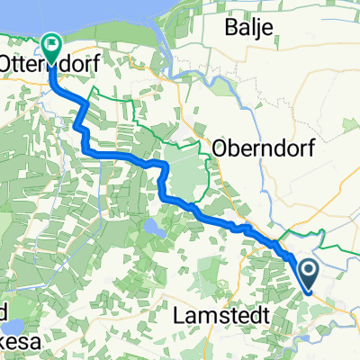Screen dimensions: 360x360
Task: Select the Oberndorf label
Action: tap(263, 149)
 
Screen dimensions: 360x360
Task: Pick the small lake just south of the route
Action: tap(151, 232)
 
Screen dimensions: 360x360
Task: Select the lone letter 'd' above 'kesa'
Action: tap(4, 310)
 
